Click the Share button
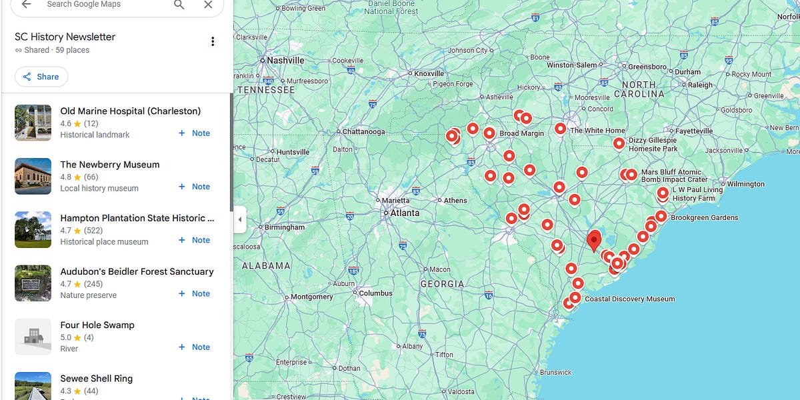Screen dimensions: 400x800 coord(41,77)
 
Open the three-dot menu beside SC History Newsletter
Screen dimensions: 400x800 coord(213,42)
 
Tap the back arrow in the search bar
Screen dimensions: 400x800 coord(26,5)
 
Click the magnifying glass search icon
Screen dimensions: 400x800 coord(179,5)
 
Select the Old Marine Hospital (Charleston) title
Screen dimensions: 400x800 coord(130,111)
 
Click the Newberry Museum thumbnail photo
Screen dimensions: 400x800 coord(33,176)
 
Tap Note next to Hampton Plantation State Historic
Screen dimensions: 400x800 coord(194,240)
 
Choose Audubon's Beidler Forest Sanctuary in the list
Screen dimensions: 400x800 coord(137,271)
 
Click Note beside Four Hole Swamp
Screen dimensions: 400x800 coord(194,347)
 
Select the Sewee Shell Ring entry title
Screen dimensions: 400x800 coord(96,379)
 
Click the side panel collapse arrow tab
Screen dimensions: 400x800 coord(240,219)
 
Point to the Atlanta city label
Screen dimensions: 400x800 coord(405,213)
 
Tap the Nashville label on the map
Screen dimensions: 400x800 coord(285,60)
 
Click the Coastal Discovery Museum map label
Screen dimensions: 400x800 coord(629,299)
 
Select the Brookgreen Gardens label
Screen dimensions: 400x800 coord(704,218)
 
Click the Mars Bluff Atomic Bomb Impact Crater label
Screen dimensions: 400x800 coord(674,176)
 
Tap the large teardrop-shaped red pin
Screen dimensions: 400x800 coord(594,240)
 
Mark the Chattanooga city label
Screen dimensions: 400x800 coord(363,131)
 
